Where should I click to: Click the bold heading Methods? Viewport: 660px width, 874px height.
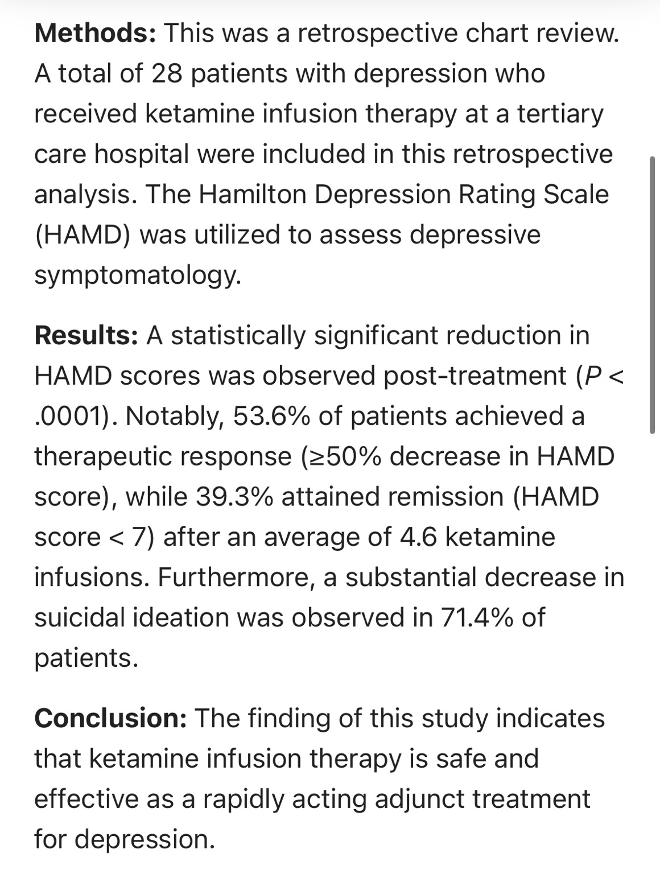pyautogui.click(x=95, y=33)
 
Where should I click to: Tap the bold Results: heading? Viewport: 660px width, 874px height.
pyautogui.click(x=86, y=335)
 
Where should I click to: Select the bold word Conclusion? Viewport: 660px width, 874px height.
pyautogui.click(x=110, y=718)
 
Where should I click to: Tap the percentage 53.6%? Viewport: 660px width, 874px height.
pyautogui.click(x=271, y=416)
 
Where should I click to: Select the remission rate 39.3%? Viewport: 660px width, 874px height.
pyautogui.click(x=234, y=497)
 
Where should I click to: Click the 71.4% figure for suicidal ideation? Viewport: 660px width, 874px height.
pyautogui.click(x=477, y=617)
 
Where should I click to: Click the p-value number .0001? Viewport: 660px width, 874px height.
pyautogui.click(x=70, y=416)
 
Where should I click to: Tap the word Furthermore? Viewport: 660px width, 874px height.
pyautogui.click(x=233, y=578)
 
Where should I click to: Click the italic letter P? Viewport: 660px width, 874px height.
pyautogui.click(x=592, y=376)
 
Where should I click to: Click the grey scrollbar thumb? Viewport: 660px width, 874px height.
pyautogui.click(x=652, y=295)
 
